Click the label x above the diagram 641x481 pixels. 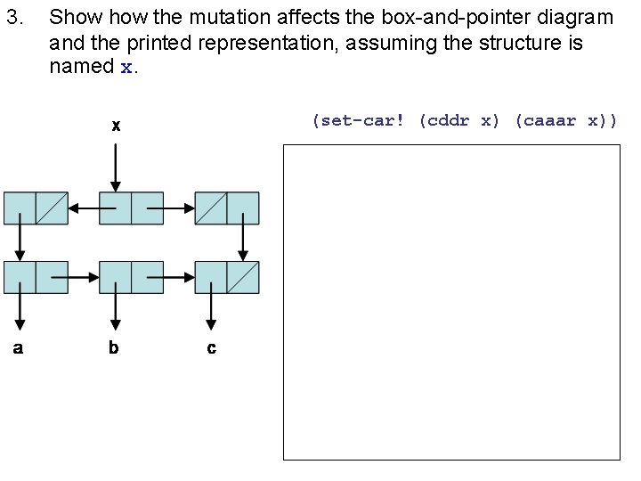click(x=116, y=126)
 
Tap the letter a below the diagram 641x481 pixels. click(x=18, y=347)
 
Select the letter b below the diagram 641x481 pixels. click(x=113, y=347)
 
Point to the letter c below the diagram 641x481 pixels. click(x=211, y=348)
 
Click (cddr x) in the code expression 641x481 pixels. click(x=459, y=120)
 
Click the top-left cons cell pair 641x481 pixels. click(x=36, y=208)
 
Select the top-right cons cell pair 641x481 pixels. click(x=227, y=208)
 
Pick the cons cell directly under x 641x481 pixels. click(x=131, y=208)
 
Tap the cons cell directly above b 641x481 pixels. click(x=131, y=277)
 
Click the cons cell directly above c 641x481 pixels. click(x=227, y=277)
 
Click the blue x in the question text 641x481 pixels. click(x=126, y=67)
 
